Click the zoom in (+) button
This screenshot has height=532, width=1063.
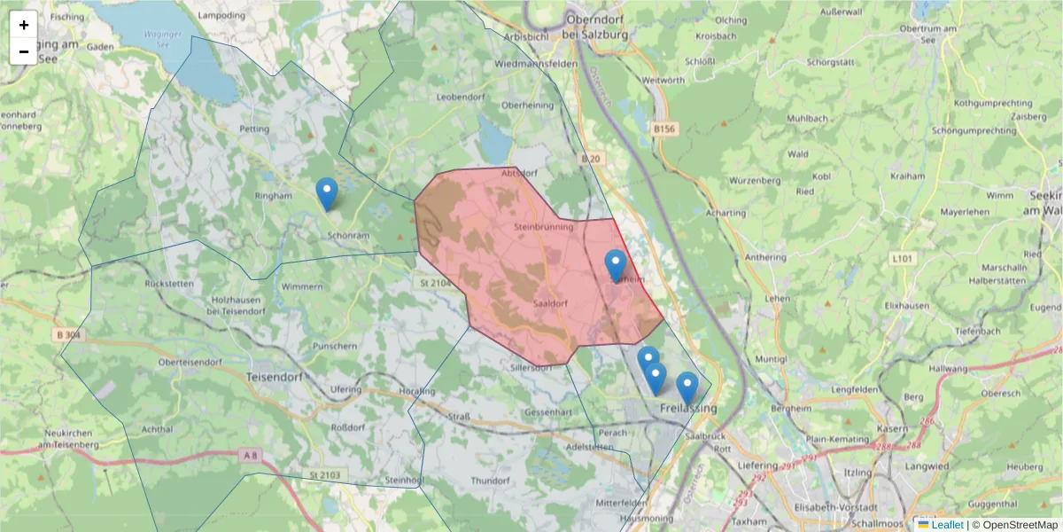point(24,25)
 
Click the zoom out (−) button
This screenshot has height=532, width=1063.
point(24,51)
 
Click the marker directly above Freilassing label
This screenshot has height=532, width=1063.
point(687,387)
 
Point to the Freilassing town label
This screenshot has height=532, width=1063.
point(687,408)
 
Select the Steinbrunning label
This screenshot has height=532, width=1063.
point(543,227)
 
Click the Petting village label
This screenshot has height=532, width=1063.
point(254,129)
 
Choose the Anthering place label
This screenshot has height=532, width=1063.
point(767,258)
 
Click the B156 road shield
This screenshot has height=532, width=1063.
point(663,129)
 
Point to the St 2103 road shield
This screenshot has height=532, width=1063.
point(327,476)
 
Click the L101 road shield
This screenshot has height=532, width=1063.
point(902,259)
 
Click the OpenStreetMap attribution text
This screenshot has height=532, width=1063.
point(1020,525)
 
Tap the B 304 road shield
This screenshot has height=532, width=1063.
point(67,334)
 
